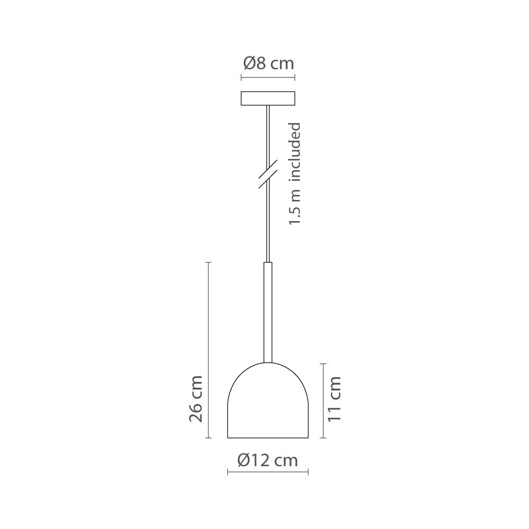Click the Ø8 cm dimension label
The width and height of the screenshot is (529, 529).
(x=268, y=65)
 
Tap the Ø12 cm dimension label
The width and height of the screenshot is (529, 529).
(x=268, y=460)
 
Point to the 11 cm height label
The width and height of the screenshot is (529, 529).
(x=334, y=399)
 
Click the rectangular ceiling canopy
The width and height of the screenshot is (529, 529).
(x=268, y=99)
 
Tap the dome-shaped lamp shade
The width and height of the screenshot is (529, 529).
(x=268, y=402)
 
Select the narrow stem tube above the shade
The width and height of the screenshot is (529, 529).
(x=268, y=312)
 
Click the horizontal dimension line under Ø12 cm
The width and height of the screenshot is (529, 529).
(x=268, y=472)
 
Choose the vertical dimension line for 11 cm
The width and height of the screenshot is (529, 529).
(x=323, y=400)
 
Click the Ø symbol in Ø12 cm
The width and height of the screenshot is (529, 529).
(x=244, y=460)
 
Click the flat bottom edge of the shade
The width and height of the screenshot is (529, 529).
(x=268, y=438)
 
